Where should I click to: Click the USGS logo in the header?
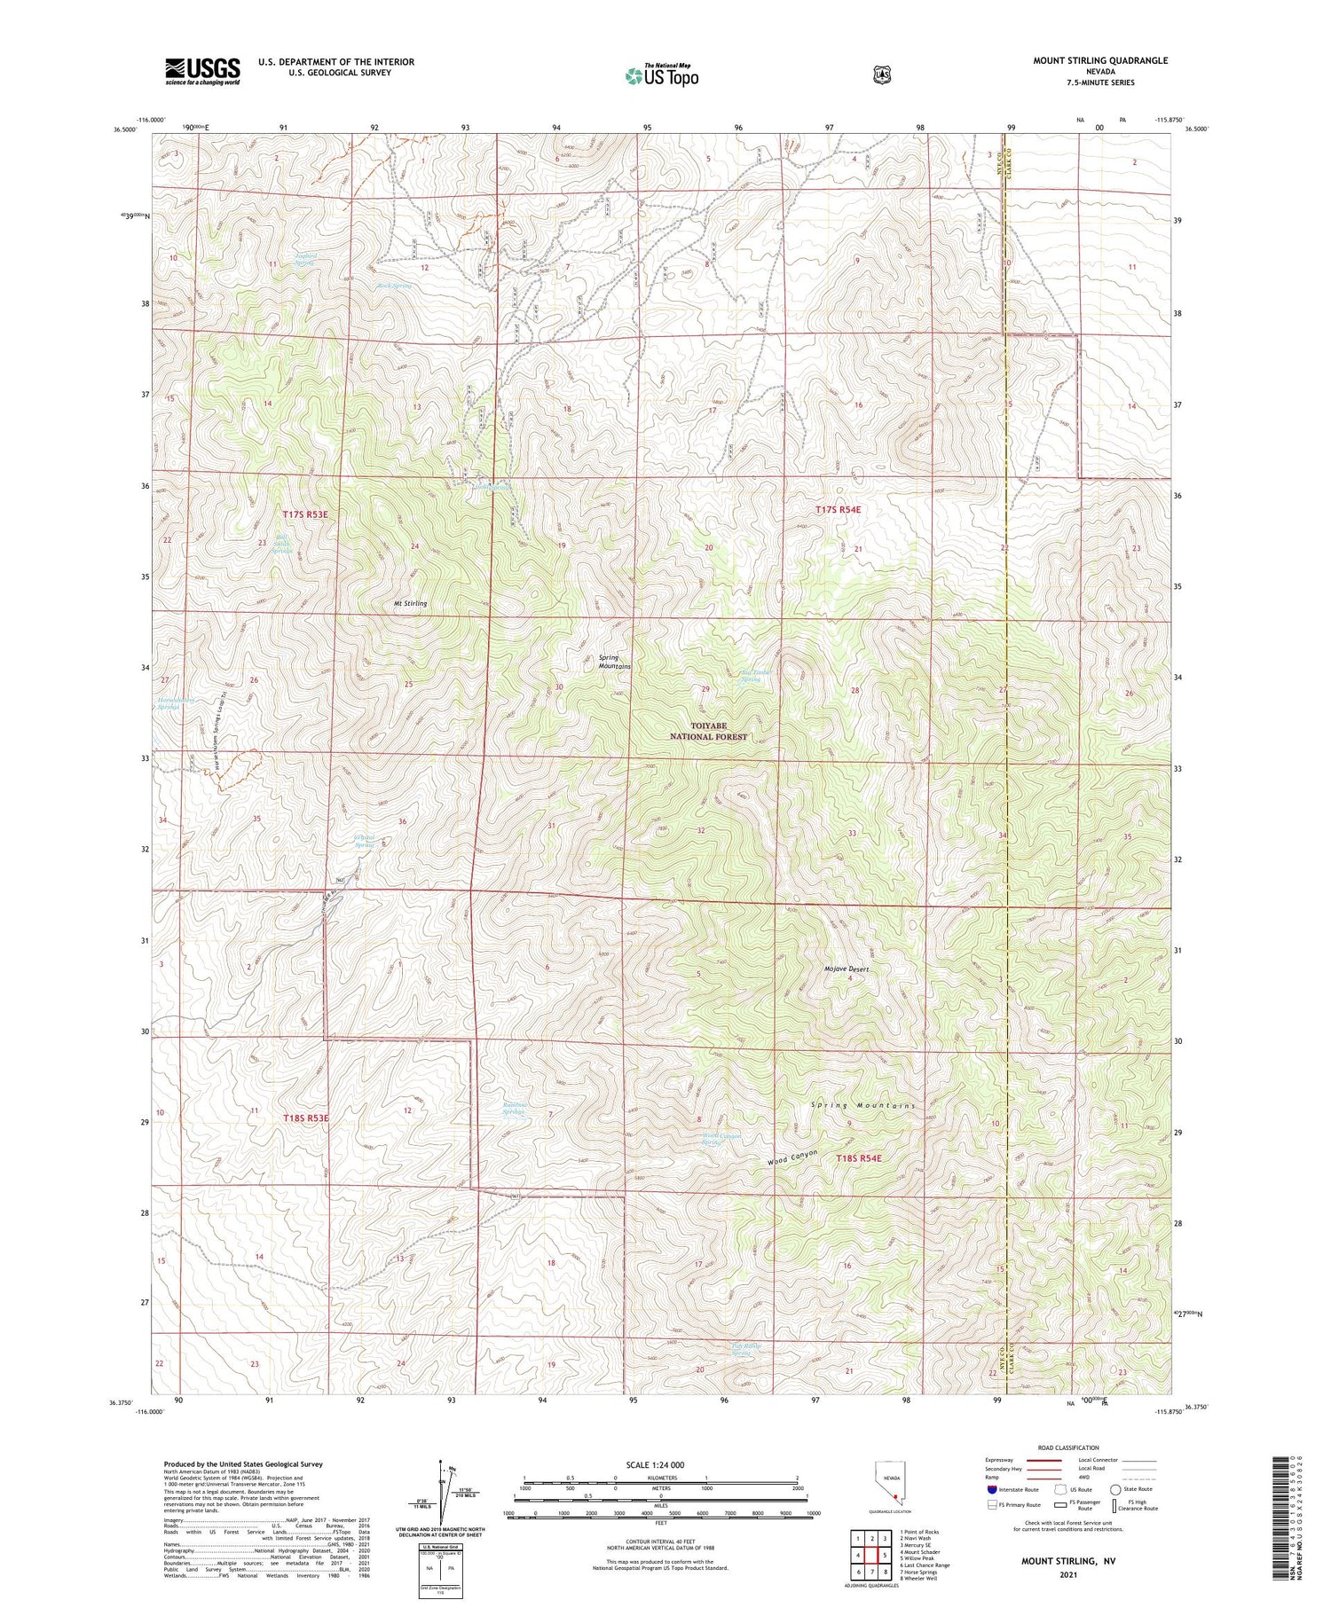coord(202,71)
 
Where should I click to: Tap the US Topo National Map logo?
coord(661,76)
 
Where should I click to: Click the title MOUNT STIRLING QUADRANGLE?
coord(1100,60)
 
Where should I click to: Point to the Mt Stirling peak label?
coord(411,603)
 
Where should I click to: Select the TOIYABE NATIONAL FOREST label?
coord(708,732)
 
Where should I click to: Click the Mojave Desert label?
coord(846,969)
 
